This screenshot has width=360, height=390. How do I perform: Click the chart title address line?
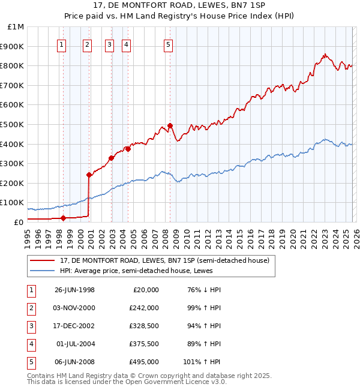(x=180, y=5)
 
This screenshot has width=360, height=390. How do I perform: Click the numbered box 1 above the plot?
(x=62, y=44)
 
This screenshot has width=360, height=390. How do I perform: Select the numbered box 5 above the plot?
(x=168, y=44)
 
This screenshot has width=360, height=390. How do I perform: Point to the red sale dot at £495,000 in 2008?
(x=170, y=125)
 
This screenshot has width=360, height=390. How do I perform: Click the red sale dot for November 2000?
(x=89, y=175)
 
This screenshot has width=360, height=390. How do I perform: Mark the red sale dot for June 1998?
(x=63, y=218)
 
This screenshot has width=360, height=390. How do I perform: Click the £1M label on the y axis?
(x=16, y=27)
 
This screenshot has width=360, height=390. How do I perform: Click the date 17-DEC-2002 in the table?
(x=74, y=326)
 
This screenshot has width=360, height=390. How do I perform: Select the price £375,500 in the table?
(x=143, y=344)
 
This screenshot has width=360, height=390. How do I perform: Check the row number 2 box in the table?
(x=31, y=308)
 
